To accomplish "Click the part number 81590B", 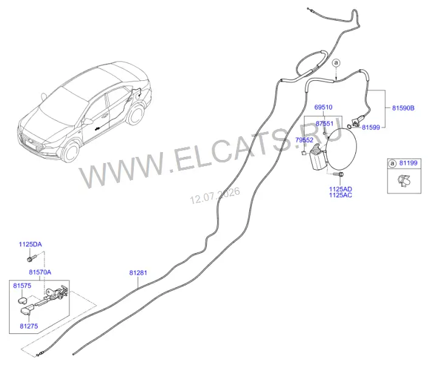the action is coord(403,108).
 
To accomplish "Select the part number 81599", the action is coord(371,127).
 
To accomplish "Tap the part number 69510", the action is coord(324,107).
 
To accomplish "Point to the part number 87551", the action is coord(324,123).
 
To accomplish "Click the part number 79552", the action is coord(304,140).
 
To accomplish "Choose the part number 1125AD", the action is coord(341,189).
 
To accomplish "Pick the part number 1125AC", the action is coord(341,195).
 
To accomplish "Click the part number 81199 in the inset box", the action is coord(408,163).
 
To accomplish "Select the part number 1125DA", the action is coord(30,245).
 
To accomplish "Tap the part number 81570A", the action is coord(40,273).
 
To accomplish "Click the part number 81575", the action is coord(23,286).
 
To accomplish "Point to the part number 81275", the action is coord(29,326).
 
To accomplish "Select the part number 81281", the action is coord(138,273).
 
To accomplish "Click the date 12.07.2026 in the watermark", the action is coord(215,195).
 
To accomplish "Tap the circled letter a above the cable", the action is coord(336,63).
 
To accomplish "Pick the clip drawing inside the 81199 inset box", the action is coord(403,181).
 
